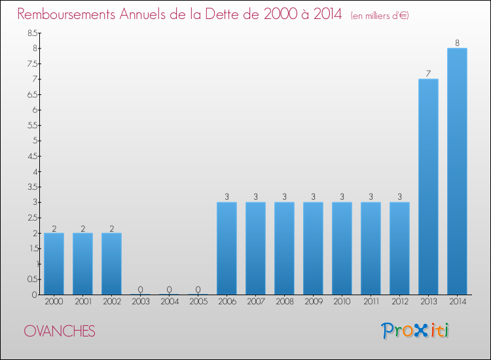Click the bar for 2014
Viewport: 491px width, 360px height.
point(457,171)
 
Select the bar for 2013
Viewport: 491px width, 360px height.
point(428,187)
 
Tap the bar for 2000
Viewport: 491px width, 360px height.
point(54,264)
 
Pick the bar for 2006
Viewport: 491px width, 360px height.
point(227,248)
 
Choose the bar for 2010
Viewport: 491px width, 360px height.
point(342,248)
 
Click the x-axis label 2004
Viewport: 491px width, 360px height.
point(169,302)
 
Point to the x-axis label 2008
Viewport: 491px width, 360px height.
point(284,302)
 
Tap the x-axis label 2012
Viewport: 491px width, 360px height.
point(399,302)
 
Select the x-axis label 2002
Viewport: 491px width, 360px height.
point(111,302)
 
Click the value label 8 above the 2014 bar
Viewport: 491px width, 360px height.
point(457,43)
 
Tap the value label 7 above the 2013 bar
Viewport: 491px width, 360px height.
point(428,74)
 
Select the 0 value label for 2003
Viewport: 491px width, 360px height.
point(140,289)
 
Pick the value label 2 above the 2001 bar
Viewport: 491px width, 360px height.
point(82,228)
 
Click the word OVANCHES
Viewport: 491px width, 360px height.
point(60,331)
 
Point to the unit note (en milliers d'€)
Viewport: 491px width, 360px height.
point(380,15)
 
